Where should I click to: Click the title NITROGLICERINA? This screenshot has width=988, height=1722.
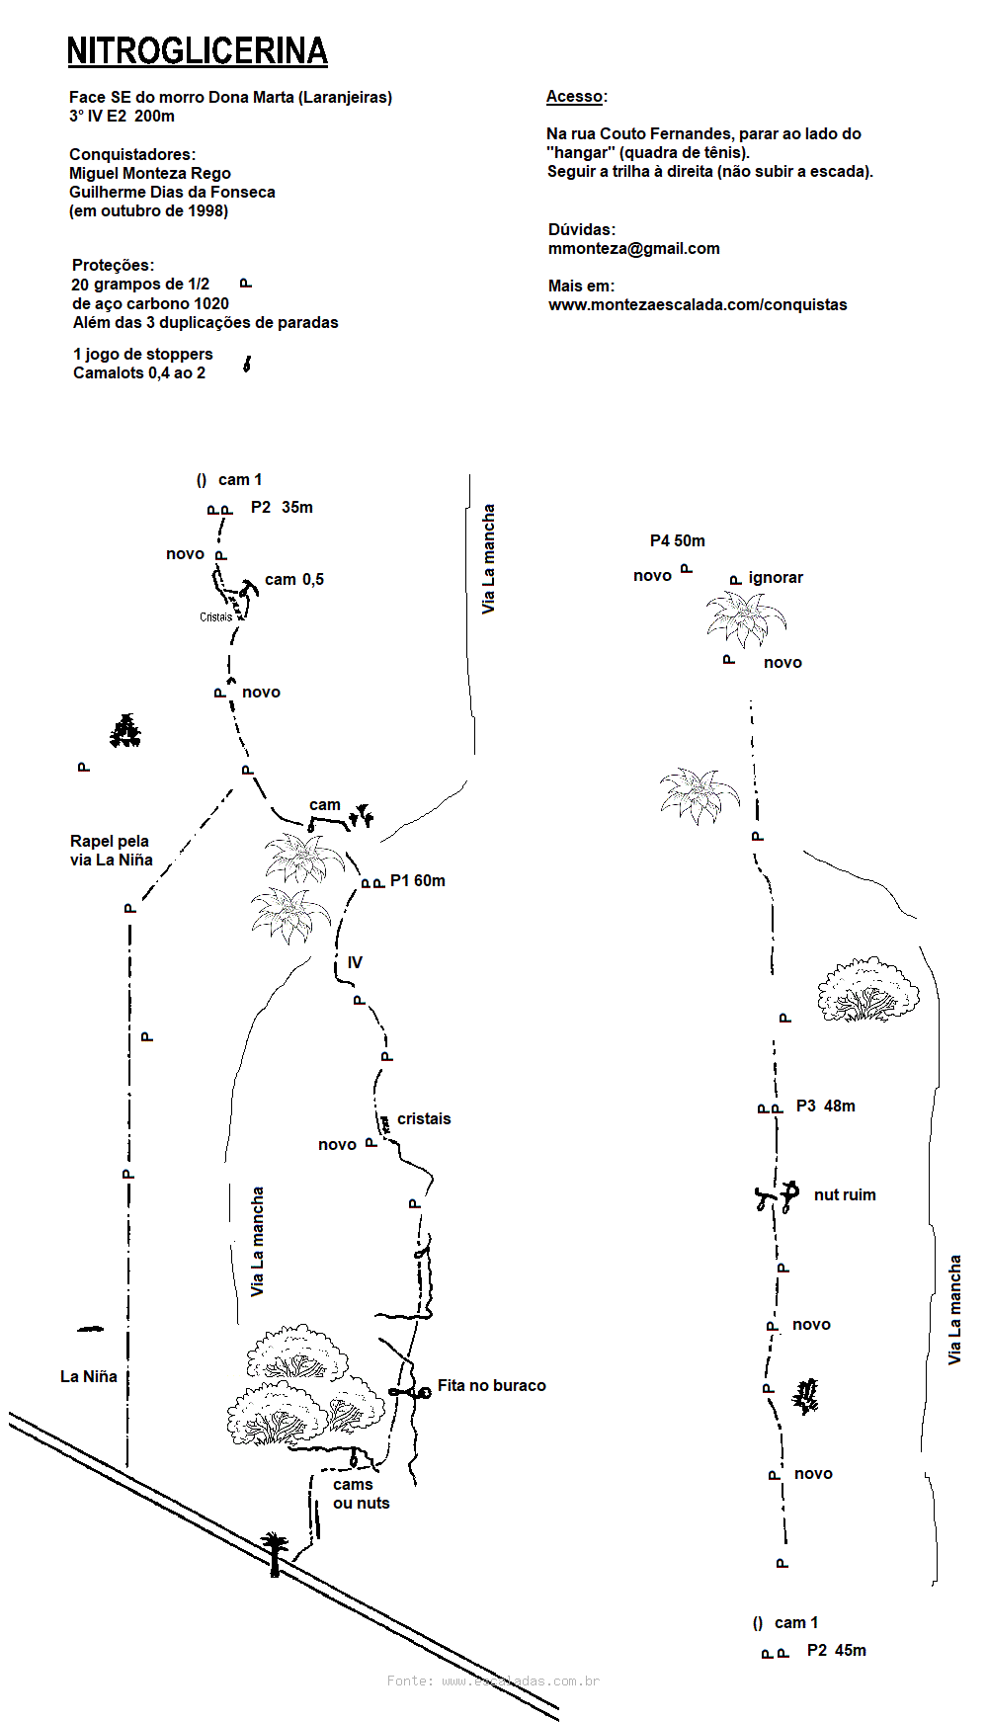point(197,51)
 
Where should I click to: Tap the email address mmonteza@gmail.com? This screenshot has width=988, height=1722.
point(633,249)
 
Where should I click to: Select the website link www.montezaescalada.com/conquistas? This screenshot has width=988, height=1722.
point(698,305)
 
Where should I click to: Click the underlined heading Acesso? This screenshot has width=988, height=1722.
point(574,97)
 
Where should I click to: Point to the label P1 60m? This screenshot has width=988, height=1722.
point(417,881)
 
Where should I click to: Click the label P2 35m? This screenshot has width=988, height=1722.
point(282,508)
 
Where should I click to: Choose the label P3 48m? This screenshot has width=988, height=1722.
point(825,1107)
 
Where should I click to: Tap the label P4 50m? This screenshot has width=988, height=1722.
point(677,541)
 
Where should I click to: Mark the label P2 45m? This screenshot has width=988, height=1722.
point(836,1651)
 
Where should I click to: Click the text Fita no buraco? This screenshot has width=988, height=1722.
point(491,1386)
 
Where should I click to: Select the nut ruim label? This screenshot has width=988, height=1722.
point(844,1195)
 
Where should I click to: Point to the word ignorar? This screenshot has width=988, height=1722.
point(776,578)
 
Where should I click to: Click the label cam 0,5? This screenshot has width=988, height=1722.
point(293,580)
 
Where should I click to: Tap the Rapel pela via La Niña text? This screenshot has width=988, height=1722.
point(111,851)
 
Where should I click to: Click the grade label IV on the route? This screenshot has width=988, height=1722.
point(355,962)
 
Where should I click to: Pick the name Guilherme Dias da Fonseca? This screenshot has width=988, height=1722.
point(172,193)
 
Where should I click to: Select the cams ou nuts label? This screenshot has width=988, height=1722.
point(361,1494)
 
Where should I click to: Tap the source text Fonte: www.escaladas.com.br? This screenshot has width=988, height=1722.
point(493,1681)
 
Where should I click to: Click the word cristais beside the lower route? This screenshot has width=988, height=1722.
point(424,1119)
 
